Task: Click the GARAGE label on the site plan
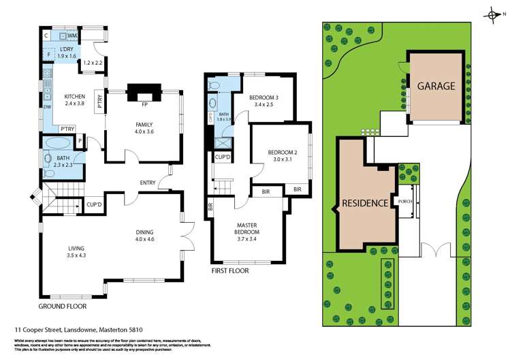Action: [436, 87]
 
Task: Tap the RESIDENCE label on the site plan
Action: [365, 203]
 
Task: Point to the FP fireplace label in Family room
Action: [144, 106]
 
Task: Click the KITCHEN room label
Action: [75, 97]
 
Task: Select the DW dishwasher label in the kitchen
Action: [47, 107]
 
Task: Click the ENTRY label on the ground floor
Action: [147, 182]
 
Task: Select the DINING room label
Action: [145, 232]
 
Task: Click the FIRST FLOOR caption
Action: [229, 270]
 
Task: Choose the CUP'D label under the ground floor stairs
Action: [94, 204]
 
